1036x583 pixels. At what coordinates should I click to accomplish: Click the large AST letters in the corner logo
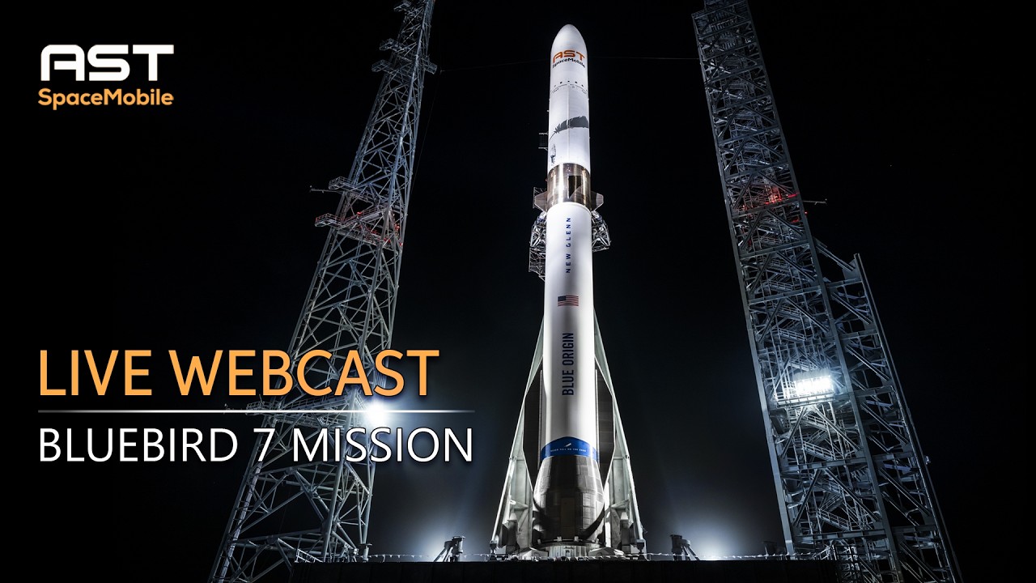106,63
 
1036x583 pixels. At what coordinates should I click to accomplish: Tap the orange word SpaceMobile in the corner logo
106,98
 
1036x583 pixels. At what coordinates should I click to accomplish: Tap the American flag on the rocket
568,300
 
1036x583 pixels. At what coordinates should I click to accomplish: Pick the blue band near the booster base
569,450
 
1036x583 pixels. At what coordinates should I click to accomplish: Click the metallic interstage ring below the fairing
569,183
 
